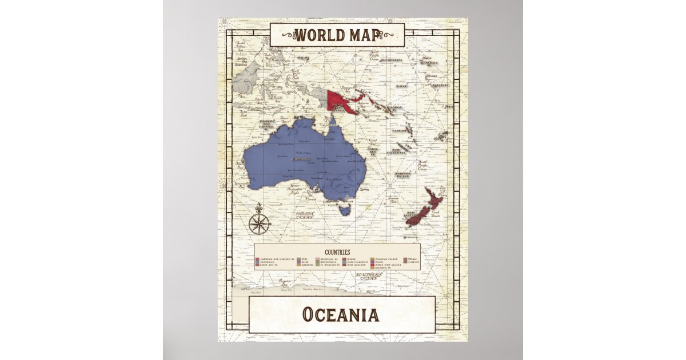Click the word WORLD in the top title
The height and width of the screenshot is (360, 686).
coord(318,35)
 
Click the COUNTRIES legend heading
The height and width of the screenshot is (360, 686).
coord(337,251)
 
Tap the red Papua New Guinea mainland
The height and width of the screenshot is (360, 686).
coord(343,101)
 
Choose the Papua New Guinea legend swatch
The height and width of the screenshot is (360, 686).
coord(372,264)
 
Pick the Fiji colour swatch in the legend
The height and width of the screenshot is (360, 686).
coord(298,259)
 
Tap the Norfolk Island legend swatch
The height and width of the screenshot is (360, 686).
coord(372,259)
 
